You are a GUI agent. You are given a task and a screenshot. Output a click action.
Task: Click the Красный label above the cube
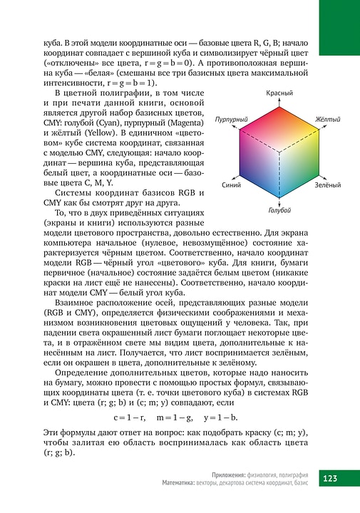coord(280,94)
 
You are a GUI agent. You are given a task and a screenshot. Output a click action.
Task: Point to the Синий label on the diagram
coord(231,185)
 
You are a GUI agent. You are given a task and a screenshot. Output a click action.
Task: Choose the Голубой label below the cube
coord(279,209)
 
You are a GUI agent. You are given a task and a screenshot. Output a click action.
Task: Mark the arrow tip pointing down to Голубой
coord(279,203)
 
